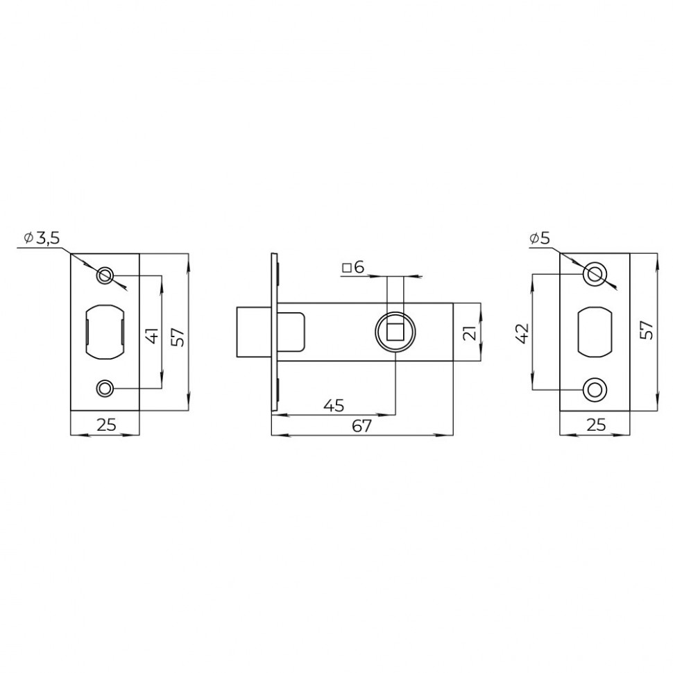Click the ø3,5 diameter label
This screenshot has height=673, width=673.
42,238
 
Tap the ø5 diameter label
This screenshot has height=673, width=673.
539,238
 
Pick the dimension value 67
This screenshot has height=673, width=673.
361,426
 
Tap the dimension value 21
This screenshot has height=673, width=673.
470,332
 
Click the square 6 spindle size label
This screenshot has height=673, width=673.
353,267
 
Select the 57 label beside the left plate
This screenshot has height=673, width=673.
179,336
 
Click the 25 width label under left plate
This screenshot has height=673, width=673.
105,425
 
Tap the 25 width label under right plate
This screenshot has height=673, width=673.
595,425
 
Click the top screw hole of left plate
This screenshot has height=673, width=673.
105,275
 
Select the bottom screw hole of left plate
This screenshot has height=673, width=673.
105,387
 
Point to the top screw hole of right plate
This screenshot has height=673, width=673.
595,273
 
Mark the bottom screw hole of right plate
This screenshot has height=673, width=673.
595,389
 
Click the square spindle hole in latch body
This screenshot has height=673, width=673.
395,332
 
